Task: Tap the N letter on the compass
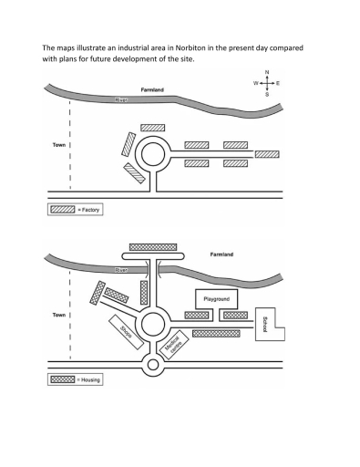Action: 267,72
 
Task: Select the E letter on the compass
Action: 278,83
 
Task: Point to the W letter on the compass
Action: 256,83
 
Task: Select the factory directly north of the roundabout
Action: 153,128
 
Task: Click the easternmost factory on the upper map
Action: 267,154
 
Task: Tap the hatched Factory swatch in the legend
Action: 60,210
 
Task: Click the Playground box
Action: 216,298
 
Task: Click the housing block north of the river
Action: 153,246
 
